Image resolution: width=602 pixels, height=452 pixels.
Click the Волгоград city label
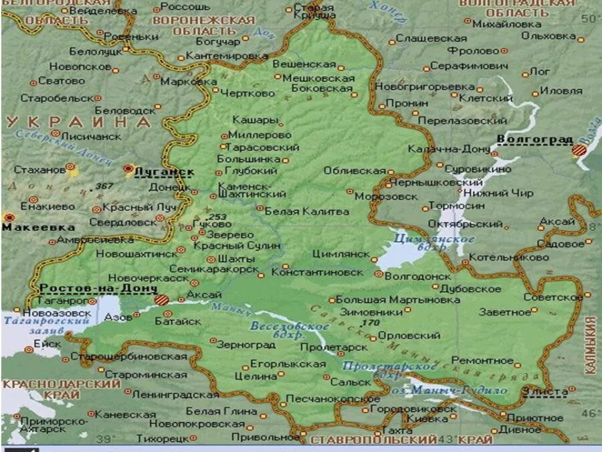[534, 139]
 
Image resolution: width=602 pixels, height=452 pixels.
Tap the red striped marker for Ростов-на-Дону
[161, 299]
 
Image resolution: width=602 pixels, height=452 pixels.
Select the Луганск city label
[164, 171]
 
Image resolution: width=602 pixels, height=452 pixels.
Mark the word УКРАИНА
[79, 122]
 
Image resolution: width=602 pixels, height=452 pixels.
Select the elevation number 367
[104, 185]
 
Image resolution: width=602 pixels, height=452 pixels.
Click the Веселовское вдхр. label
[290, 329]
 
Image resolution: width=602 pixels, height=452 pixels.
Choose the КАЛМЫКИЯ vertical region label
[591, 345]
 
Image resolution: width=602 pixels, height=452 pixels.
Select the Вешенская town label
[304, 64]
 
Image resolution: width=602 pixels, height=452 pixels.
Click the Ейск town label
[47, 343]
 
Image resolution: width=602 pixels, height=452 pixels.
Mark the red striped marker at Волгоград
[579, 150]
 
